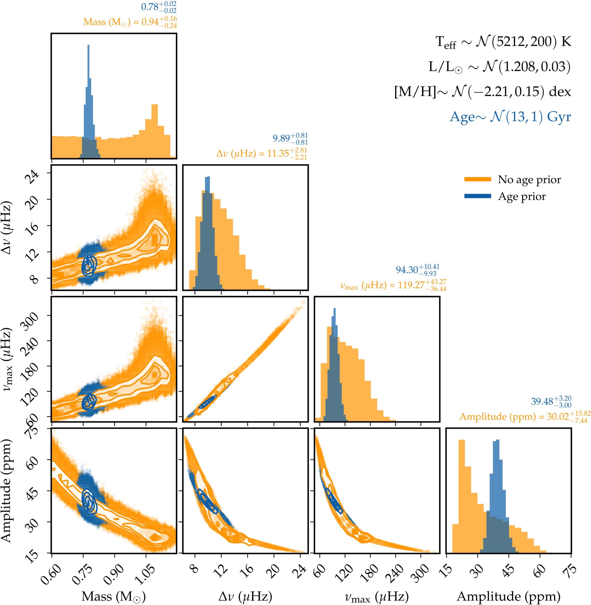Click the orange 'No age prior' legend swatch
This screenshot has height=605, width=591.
click(477, 179)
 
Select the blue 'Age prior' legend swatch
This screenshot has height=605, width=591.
click(477, 196)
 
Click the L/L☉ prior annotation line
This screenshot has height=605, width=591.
click(500, 67)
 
